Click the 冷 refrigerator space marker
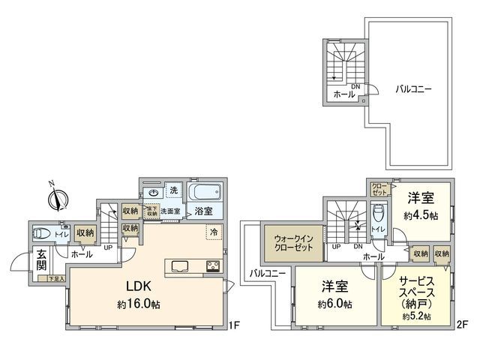click(x=214, y=232)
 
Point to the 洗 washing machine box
click(x=173, y=190)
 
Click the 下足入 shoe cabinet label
click(x=55, y=278)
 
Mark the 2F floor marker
click(x=463, y=325)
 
